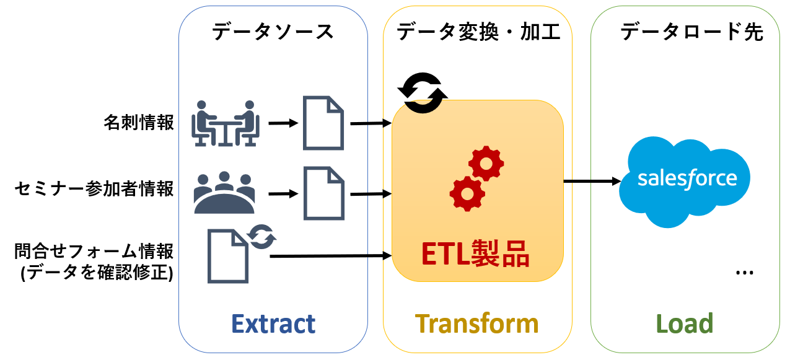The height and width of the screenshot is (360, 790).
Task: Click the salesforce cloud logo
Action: (x=687, y=180)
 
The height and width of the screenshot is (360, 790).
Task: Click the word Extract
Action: (x=273, y=324)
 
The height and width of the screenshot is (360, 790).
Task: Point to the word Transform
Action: (x=476, y=324)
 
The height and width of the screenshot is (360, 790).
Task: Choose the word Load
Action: (x=685, y=324)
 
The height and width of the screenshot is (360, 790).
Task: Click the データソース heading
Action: (x=273, y=32)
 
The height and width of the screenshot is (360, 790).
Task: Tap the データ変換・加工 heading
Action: (x=478, y=32)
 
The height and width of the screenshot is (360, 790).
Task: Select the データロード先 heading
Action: (x=691, y=32)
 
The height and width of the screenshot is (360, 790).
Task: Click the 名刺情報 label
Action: (x=139, y=123)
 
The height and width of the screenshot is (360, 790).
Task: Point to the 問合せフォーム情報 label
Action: (x=94, y=252)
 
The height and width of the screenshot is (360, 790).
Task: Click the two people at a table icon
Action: (x=224, y=123)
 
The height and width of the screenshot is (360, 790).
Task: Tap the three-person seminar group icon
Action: (x=224, y=192)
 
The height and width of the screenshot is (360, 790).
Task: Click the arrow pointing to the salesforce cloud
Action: (x=592, y=182)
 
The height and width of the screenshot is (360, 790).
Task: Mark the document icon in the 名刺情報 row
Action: (x=323, y=123)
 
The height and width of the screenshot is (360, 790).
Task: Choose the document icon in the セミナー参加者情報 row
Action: (x=323, y=193)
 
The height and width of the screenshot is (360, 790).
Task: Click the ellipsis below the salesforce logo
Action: (x=743, y=273)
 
